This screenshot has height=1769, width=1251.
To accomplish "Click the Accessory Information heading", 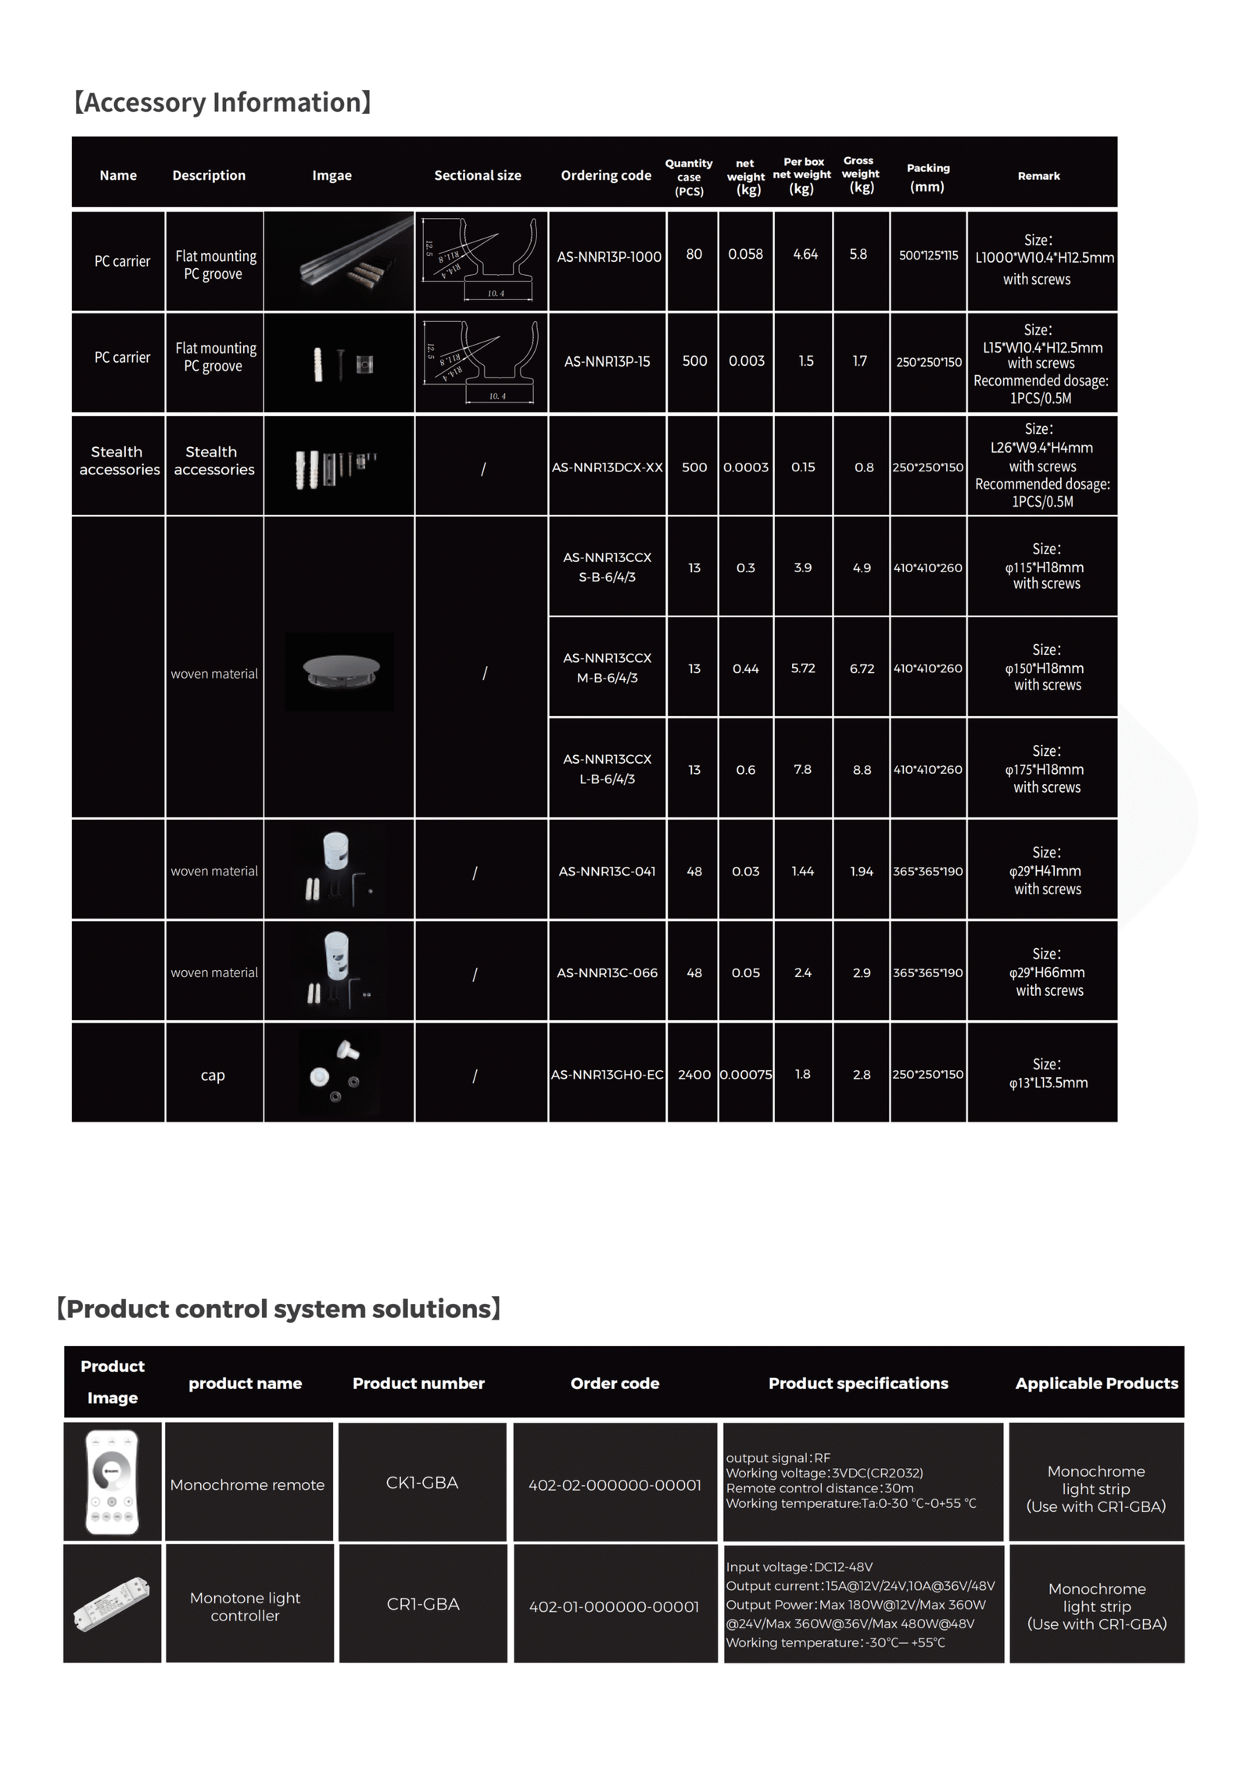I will (222, 102).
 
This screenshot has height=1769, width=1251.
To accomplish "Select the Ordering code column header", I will (605, 175).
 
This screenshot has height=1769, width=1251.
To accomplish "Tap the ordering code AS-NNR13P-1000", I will (608, 256).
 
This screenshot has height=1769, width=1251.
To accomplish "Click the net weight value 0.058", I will (744, 254).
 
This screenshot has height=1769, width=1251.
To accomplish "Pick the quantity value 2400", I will (694, 1074).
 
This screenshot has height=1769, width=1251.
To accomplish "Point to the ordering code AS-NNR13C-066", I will (607, 972).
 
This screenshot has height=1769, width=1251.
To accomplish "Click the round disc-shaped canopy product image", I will (340, 671).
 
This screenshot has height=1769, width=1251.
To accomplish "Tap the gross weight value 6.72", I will (862, 668).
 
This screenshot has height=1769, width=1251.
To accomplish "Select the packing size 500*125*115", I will (928, 255).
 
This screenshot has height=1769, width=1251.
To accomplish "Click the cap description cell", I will (213, 1075).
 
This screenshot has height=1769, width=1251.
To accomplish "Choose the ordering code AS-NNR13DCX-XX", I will (607, 467).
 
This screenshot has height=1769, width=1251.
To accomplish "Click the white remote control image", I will (113, 1481).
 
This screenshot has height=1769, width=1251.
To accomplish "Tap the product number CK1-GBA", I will (421, 1483).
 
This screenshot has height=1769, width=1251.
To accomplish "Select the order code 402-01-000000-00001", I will (614, 1606).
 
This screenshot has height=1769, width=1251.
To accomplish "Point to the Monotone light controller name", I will (245, 1606).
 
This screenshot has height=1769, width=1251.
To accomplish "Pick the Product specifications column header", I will (858, 1383).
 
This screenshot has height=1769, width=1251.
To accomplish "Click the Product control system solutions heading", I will (278, 1309).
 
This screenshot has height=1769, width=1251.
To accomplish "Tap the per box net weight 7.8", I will (802, 769).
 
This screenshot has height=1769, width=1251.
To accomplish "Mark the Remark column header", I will (1038, 176).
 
